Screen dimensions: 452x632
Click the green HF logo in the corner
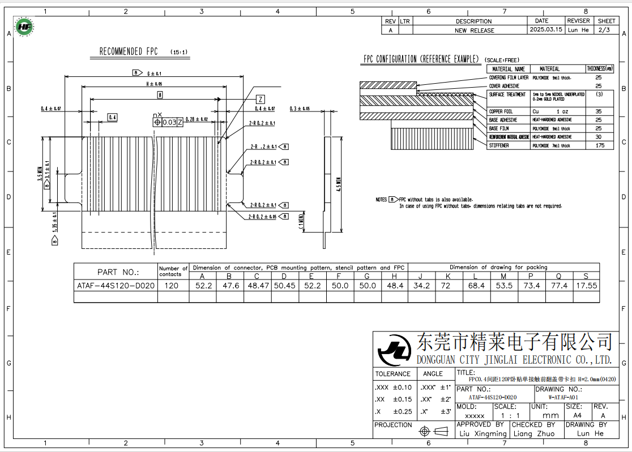click(x=24, y=26)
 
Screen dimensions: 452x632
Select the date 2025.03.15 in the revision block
click(x=545, y=30)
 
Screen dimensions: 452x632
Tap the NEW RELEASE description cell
click(x=474, y=31)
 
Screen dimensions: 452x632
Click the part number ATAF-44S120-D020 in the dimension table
click(x=116, y=286)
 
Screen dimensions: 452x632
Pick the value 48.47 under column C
click(x=257, y=286)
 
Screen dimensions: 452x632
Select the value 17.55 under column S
click(x=586, y=286)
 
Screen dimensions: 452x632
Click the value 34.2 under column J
click(x=422, y=286)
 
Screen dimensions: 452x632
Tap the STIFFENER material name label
click(x=499, y=145)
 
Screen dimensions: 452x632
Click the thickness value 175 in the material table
click(x=600, y=145)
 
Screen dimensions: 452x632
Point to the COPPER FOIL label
click(x=501, y=111)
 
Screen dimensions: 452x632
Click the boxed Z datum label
click(x=260, y=98)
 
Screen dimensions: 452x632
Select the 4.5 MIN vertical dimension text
click(x=339, y=184)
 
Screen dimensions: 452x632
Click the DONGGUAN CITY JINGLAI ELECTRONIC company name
click(x=514, y=360)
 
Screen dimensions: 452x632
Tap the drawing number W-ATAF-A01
click(x=548, y=398)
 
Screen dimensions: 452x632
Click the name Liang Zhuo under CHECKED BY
click(x=533, y=433)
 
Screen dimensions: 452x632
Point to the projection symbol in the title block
click(x=432, y=432)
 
